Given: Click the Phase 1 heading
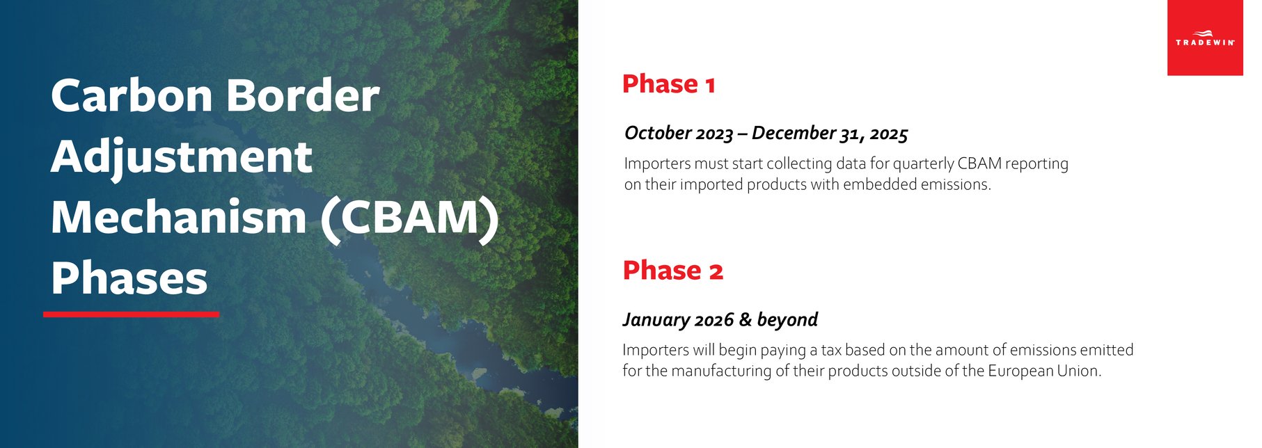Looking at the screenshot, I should pyautogui.click(x=668, y=84).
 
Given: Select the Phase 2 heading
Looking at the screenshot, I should pyautogui.click(x=672, y=270).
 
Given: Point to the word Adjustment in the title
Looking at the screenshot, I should pyautogui.click(x=181, y=157).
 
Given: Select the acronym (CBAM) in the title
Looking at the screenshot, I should pyautogui.click(x=410, y=218).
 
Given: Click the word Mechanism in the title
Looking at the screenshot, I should pyautogui.click(x=178, y=218).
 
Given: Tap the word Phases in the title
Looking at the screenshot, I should pyautogui.click(x=129, y=279).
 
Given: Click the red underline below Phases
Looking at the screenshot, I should pyautogui.click(x=131, y=314).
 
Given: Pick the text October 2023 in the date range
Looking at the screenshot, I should pyautogui.click(x=679, y=133).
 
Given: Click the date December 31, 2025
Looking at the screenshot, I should pyautogui.click(x=830, y=133).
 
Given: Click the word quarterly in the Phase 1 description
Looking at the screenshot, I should pyautogui.click(x=923, y=163).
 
